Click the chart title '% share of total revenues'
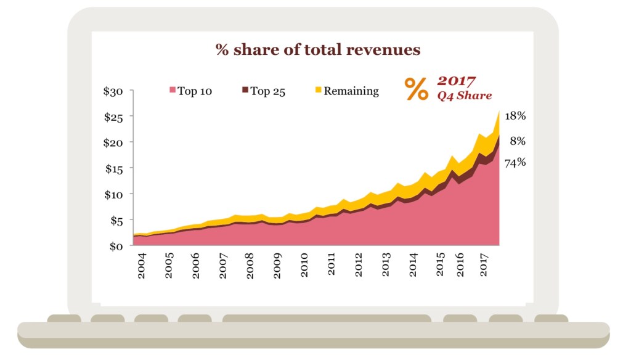pos(318,50)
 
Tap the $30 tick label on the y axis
pos(113,91)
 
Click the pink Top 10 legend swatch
pos(173,91)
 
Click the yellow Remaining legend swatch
pos(319,91)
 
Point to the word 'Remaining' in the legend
pos(351,91)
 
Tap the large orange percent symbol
pos(417,89)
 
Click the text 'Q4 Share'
pos(465,96)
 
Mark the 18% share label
pos(515,116)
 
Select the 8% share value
pos(518,141)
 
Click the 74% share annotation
pos(515,163)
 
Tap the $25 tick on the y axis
pos(113,117)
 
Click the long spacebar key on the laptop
pos(327,318)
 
